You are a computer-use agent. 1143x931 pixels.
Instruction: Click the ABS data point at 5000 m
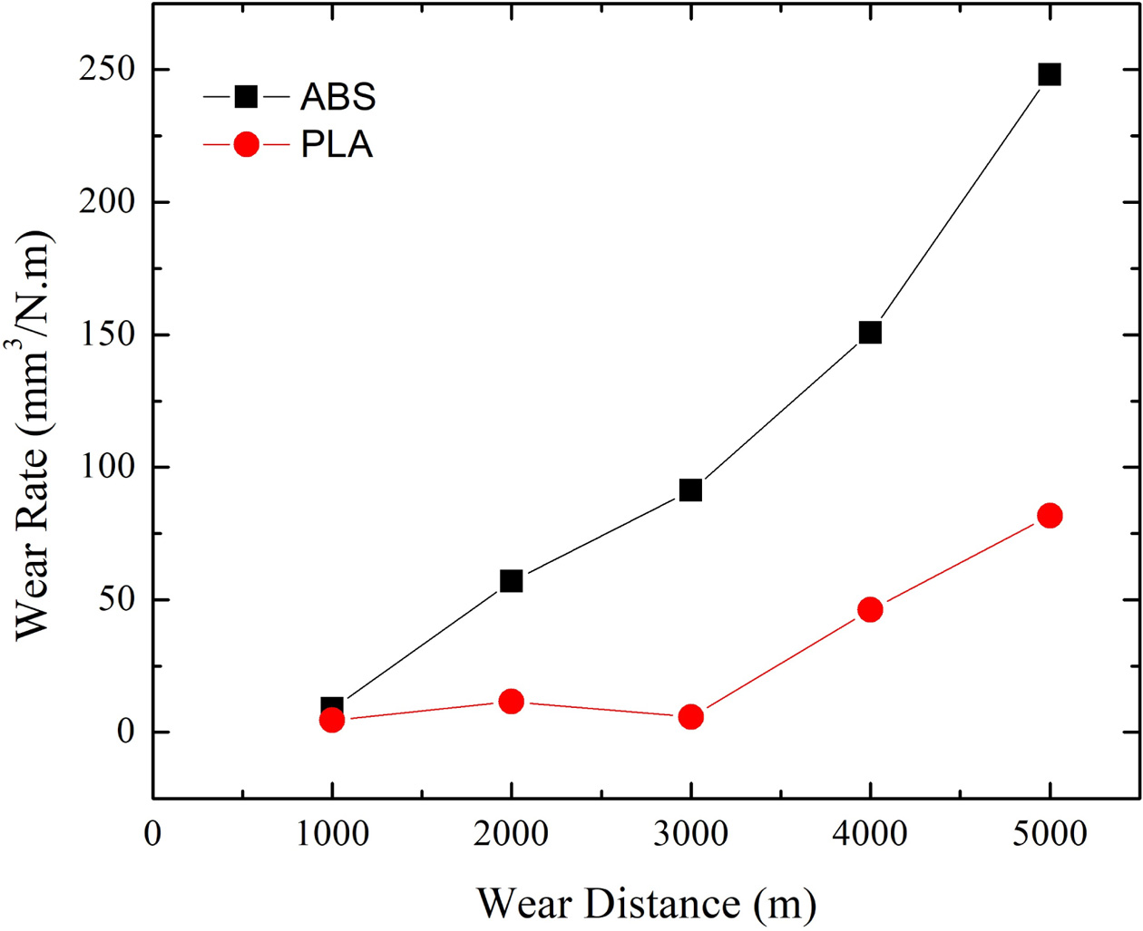(x=1050, y=74)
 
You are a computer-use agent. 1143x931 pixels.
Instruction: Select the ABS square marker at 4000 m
(x=870, y=333)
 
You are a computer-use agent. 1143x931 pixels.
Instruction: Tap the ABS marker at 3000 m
(x=690, y=490)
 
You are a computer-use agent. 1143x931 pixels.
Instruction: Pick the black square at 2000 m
(x=511, y=581)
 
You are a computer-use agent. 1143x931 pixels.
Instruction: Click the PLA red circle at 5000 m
(x=1050, y=516)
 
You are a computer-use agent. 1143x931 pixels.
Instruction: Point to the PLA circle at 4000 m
(x=870, y=609)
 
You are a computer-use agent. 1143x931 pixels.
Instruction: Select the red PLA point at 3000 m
(x=690, y=717)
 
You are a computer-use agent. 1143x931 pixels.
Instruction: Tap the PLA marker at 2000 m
(x=511, y=702)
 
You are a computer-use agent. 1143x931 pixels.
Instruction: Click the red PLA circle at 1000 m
(x=332, y=721)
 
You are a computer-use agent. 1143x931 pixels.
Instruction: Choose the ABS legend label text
(x=337, y=97)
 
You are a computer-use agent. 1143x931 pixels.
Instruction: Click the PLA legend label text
(x=337, y=145)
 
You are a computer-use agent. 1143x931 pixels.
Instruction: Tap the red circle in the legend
(x=246, y=145)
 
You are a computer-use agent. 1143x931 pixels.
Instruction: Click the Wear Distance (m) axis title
(x=646, y=903)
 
